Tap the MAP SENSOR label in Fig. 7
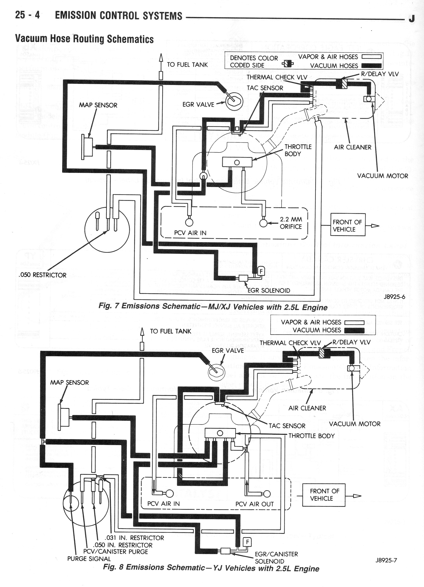[x=98, y=105]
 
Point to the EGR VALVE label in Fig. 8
[x=228, y=351]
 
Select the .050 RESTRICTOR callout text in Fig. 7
[x=43, y=275]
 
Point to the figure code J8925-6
[x=395, y=297]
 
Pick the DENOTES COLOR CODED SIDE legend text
[x=254, y=62]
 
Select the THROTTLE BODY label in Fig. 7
[x=298, y=150]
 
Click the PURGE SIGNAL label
[x=89, y=559]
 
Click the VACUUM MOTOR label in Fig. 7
[x=383, y=176]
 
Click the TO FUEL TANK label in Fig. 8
[x=170, y=331]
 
